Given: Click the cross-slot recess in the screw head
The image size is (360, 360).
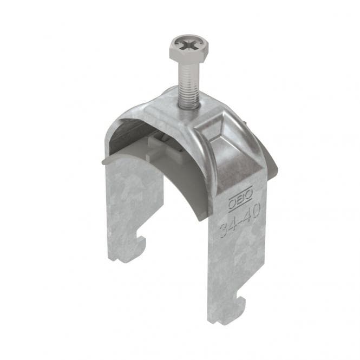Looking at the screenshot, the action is (x=189, y=44).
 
